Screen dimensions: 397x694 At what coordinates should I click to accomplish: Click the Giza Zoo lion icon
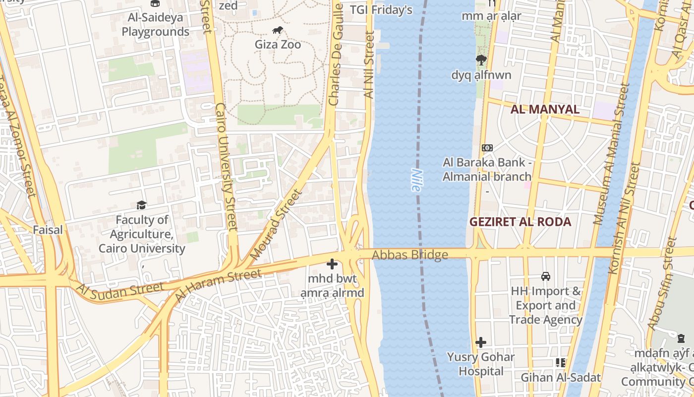(x=278, y=30)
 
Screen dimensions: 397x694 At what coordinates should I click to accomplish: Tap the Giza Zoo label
(x=278, y=45)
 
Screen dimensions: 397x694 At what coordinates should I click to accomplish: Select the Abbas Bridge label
(x=410, y=255)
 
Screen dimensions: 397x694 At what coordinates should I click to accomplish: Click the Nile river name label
(x=416, y=180)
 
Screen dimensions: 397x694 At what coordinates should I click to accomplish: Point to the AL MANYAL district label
(x=545, y=109)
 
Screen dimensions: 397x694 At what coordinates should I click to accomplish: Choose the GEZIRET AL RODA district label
(x=520, y=222)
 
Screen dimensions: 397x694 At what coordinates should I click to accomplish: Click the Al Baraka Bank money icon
(x=487, y=148)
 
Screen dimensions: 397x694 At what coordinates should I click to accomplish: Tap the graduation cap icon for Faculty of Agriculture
(x=141, y=205)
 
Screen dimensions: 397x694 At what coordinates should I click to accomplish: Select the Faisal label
(x=48, y=230)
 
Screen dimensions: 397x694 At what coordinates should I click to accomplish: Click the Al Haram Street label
(x=218, y=286)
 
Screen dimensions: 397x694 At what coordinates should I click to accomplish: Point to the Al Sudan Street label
(x=120, y=290)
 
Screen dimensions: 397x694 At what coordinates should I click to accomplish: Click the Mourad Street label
(x=276, y=225)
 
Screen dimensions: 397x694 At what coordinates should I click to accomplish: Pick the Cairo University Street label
(x=226, y=167)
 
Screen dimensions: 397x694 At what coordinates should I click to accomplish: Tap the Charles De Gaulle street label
(x=336, y=55)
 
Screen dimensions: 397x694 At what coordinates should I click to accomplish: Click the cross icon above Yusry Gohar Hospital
(x=480, y=342)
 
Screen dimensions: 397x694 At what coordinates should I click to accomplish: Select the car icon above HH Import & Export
(x=546, y=276)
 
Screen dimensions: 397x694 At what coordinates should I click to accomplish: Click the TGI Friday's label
(x=381, y=10)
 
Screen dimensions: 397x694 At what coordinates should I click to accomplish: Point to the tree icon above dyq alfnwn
(x=481, y=61)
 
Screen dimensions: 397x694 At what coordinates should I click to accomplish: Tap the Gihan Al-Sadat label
(x=560, y=378)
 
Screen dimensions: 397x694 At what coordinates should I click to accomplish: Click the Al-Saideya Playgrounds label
(x=155, y=25)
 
